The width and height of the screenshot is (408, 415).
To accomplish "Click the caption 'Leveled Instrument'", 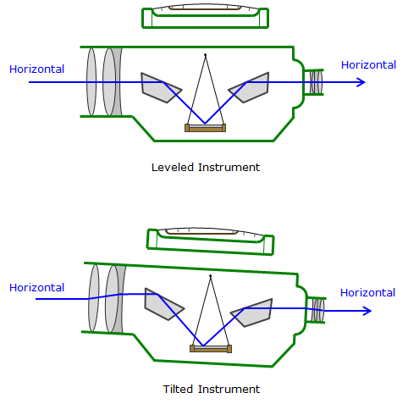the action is point(206,168).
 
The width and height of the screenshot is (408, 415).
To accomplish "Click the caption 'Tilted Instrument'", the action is point(212,390).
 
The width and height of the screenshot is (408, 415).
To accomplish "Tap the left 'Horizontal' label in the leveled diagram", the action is point(36,69).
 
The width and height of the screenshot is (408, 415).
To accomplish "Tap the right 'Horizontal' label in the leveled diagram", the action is point(368,65).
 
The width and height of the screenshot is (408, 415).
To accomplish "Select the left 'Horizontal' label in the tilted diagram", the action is point(36,288).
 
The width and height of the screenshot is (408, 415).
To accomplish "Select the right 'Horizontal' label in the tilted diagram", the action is point(367,293).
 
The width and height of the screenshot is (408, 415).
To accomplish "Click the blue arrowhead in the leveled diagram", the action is point(361,82).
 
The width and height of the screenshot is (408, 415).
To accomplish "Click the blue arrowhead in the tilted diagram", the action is point(367,311).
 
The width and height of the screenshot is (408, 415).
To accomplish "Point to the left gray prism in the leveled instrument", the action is point(159,88).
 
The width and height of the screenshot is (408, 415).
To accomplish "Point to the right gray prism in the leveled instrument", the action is point(251,87).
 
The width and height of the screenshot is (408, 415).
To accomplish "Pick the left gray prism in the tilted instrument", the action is point(163,304).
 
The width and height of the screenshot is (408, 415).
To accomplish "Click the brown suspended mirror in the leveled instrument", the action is point(205,128).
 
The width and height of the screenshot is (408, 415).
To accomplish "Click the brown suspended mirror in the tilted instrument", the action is point(211,349).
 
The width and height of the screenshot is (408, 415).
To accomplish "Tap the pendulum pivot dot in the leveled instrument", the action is point(206,55).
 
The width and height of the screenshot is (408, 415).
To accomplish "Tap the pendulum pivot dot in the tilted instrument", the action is point(210,276).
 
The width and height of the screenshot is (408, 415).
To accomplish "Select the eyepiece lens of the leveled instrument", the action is point(317,82).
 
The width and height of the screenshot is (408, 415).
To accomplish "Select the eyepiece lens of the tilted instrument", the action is point(318,310).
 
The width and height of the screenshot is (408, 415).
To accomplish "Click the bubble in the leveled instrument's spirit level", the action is point(205,8).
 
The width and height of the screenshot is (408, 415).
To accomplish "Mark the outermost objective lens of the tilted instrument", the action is point(94,298).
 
